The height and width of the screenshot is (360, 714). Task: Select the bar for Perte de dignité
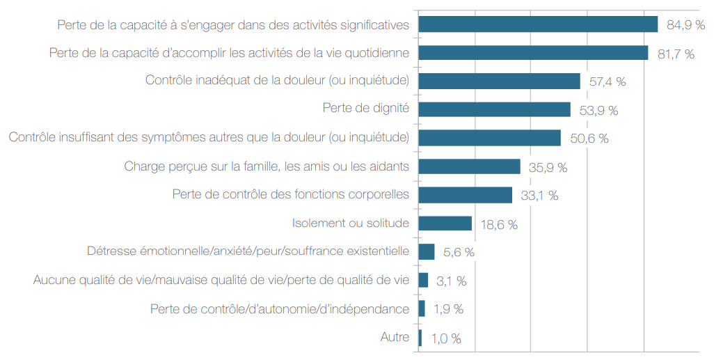tap(494, 109)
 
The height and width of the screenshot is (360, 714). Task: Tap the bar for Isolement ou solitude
tap(445, 224)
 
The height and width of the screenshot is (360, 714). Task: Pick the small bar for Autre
tap(420, 338)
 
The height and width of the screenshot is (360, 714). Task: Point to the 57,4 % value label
tap(608, 81)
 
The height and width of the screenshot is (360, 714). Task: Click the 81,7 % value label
tap(676, 54)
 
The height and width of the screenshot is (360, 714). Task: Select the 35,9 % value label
tap(548, 167)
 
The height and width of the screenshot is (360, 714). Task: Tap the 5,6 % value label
tap(459, 252)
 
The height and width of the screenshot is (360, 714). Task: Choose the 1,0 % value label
tap(446, 339)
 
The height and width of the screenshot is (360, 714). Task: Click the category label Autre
tap(395, 338)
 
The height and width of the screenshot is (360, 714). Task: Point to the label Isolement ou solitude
tap(350, 224)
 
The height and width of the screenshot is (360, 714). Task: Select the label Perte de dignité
tap(365, 109)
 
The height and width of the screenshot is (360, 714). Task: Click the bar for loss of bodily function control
tap(465, 195)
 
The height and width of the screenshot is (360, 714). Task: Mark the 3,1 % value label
tap(452, 281)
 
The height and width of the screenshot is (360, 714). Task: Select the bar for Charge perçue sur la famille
tap(469, 166)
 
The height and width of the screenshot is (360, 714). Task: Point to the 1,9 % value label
tap(449, 309)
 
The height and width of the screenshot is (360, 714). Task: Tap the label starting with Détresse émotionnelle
tap(248, 251)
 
